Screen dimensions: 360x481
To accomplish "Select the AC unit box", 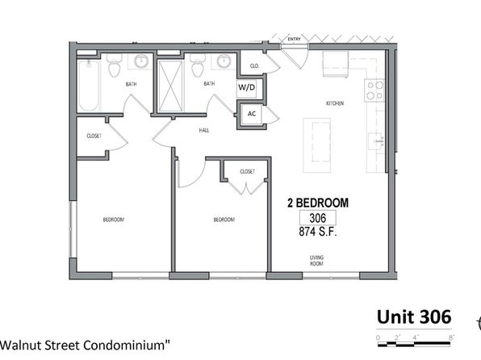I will (x=251, y=115).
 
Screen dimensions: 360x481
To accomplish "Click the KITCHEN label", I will (x=335, y=103).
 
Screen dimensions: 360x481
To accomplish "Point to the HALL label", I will (x=205, y=128).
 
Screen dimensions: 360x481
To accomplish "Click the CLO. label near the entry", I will (x=253, y=65).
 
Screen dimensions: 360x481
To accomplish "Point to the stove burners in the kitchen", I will (x=374, y=90).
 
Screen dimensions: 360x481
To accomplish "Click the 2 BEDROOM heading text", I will (x=319, y=203).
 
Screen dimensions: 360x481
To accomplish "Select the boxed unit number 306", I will (x=318, y=218).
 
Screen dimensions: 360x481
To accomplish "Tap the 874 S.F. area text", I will (x=318, y=232).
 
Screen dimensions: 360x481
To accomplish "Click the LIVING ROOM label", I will (x=317, y=260).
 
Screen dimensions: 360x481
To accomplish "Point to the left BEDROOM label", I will (x=113, y=220).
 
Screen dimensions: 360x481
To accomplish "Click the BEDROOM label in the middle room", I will (x=224, y=220).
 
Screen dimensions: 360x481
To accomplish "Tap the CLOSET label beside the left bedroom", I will (x=94, y=136).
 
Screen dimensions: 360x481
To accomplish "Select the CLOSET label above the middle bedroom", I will (x=247, y=171).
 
